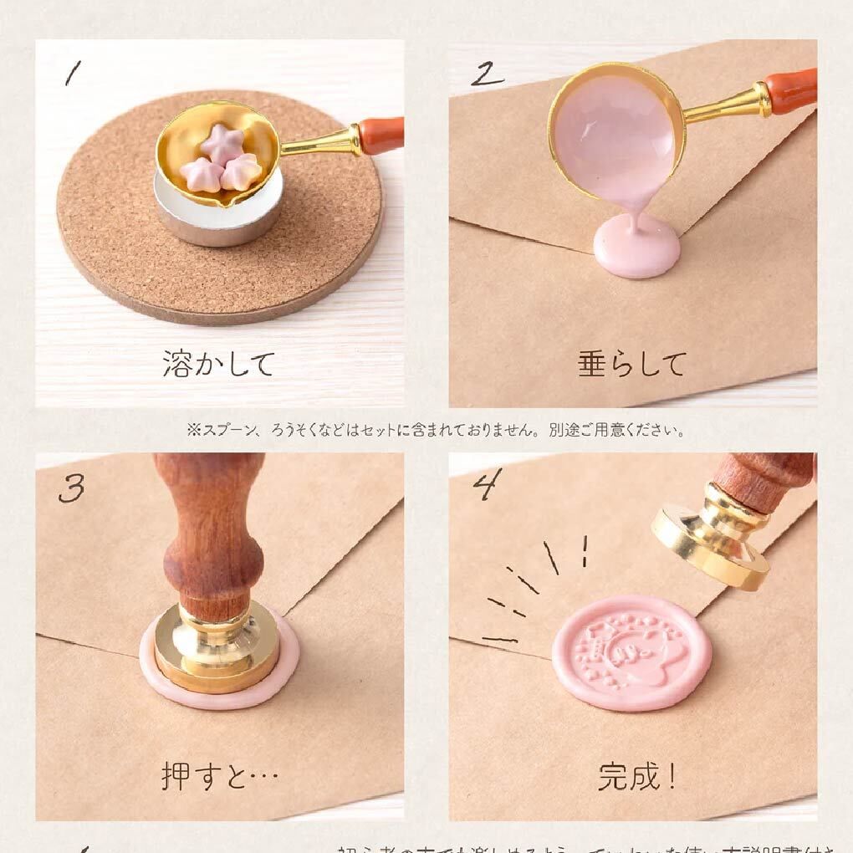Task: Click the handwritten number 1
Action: [x=73, y=74]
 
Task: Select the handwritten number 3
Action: [x=71, y=488]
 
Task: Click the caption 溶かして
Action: [x=219, y=365]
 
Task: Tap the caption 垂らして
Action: [x=632, y=365]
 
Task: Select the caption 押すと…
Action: [x=220, y=776]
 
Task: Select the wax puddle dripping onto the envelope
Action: [x=636, y=249]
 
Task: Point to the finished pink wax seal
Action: [x=631, y=651]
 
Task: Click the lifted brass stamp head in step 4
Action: [x=711, y=539]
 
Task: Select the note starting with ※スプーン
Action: [x=436, y=431]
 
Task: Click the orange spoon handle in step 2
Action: [x=790, y=91]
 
